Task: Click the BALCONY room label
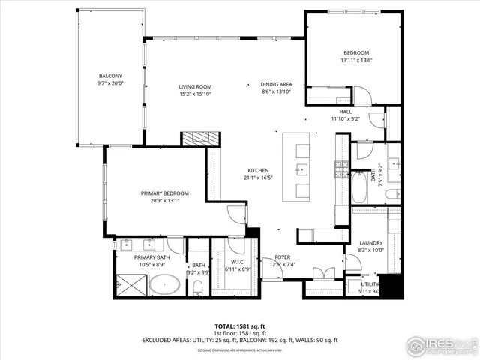pos(109,76)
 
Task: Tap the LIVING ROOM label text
pos(194,87)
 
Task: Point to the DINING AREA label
pos(276,84)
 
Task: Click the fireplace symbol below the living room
pos(201,138)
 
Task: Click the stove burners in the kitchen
pos(340,166)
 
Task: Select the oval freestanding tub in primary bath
pos(163,285)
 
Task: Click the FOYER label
pos(282,256)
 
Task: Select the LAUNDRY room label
pos(370,242)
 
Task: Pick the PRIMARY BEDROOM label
pos(165,193)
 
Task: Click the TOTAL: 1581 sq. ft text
pos(240,326)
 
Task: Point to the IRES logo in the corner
pos(440,344)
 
